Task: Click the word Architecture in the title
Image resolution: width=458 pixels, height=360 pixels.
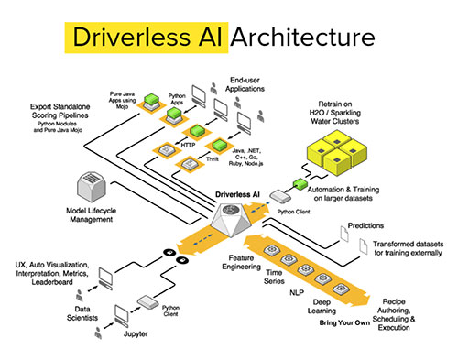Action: (x=302, y=38)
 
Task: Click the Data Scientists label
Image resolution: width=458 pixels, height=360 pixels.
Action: (x=63, y=313)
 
